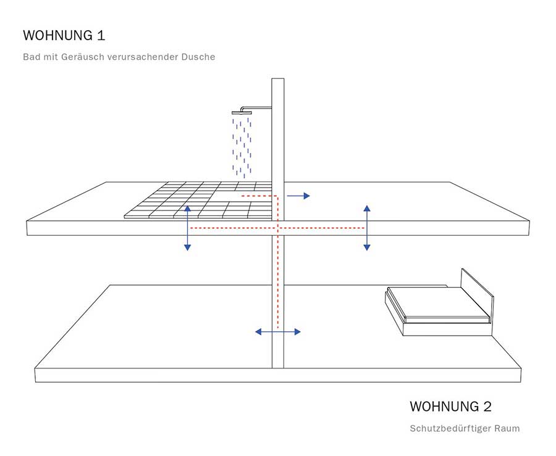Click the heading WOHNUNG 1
(64, 35)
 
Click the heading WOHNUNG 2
(451, 407)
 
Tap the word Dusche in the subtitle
(198, 57)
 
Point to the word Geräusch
(82, 57)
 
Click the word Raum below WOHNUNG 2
(508, 428)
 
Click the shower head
(242, 112)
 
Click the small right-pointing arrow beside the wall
(298, 196)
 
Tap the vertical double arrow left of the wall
(188, 228)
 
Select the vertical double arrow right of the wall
(367, 228)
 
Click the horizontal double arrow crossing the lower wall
(278, 332)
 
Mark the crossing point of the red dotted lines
(278, 228)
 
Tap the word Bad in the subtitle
(32, 57)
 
